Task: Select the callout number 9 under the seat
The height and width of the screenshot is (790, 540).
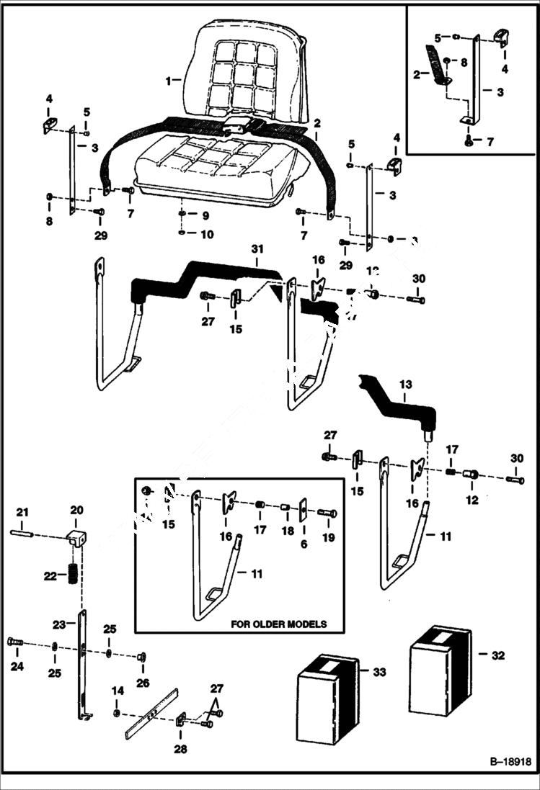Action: coord(205,215)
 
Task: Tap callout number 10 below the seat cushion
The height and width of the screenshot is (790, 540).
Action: coord(206,234)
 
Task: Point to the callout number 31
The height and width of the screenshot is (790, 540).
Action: coord(257,248)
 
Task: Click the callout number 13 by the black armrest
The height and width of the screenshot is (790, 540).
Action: coord(405,385)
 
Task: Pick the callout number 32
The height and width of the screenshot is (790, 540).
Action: coord(497,655)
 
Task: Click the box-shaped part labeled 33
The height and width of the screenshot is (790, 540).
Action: coord(328,699)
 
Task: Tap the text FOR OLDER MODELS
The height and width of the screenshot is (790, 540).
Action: coord(278,624)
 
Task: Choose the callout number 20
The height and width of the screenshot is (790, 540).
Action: coord(76,510)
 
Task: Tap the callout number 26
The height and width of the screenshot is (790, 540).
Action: coord(143,682)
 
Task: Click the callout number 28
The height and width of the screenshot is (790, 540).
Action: coord(180,749)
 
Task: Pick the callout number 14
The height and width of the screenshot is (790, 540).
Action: coord(118,691)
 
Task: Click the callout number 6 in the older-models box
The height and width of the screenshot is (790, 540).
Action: coord(304,544)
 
